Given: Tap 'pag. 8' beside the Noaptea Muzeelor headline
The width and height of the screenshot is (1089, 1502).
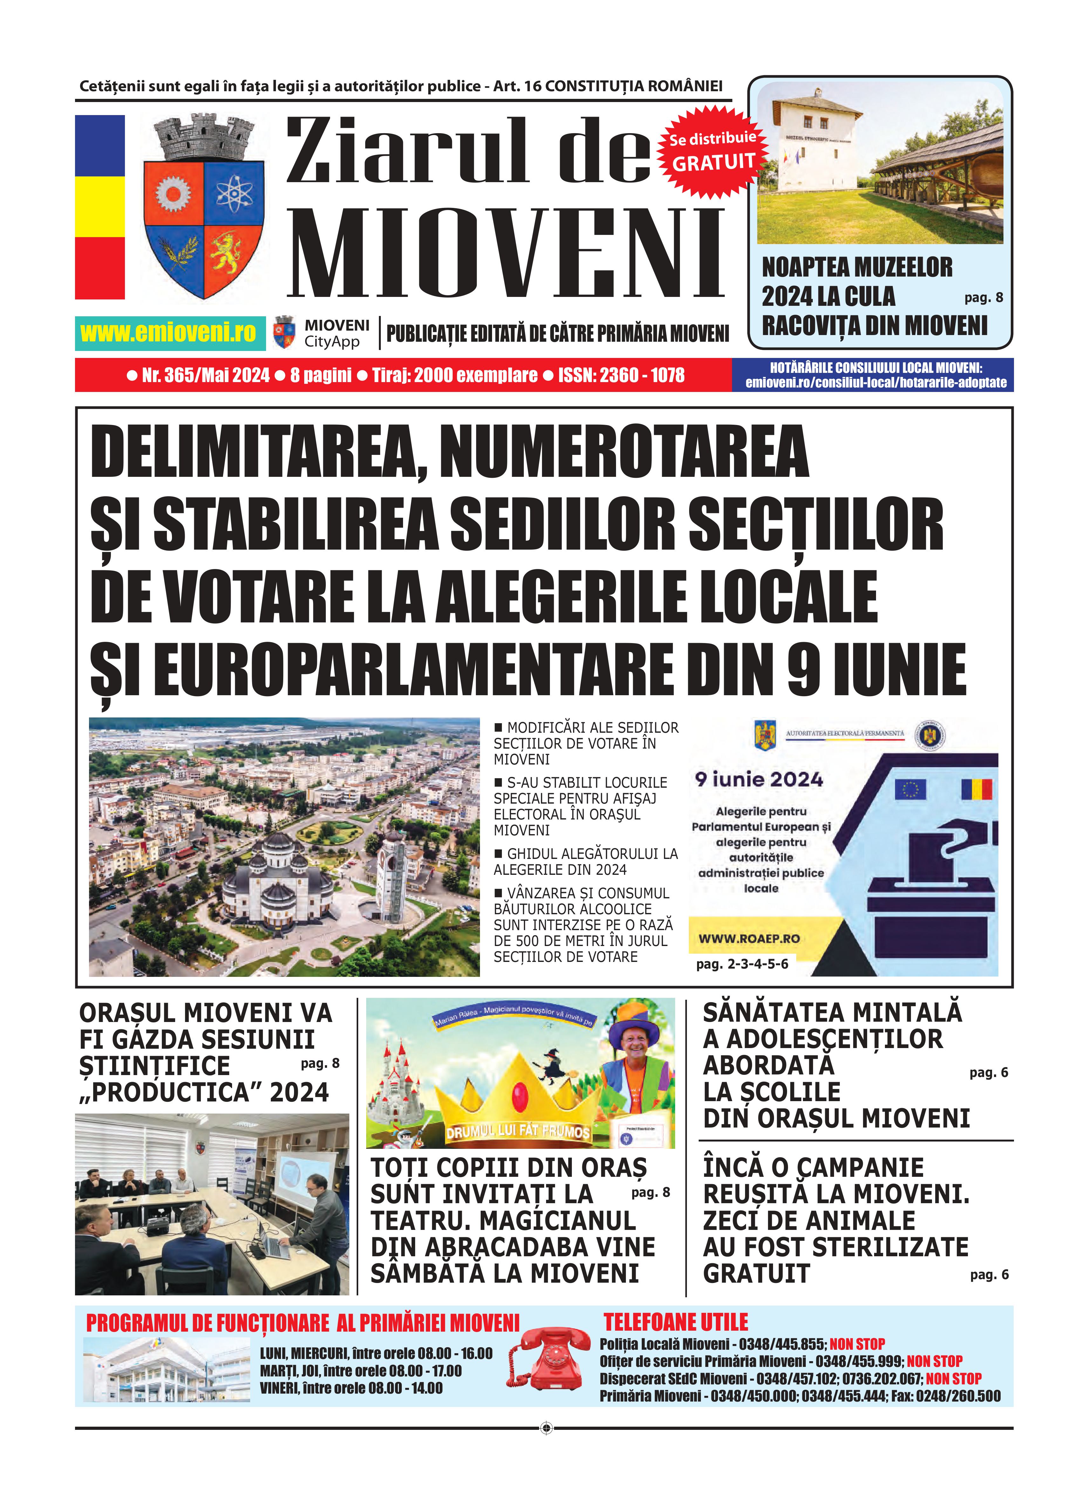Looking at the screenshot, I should click(983, 298).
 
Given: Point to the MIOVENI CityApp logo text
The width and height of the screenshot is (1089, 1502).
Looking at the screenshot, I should click(337, 333).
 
